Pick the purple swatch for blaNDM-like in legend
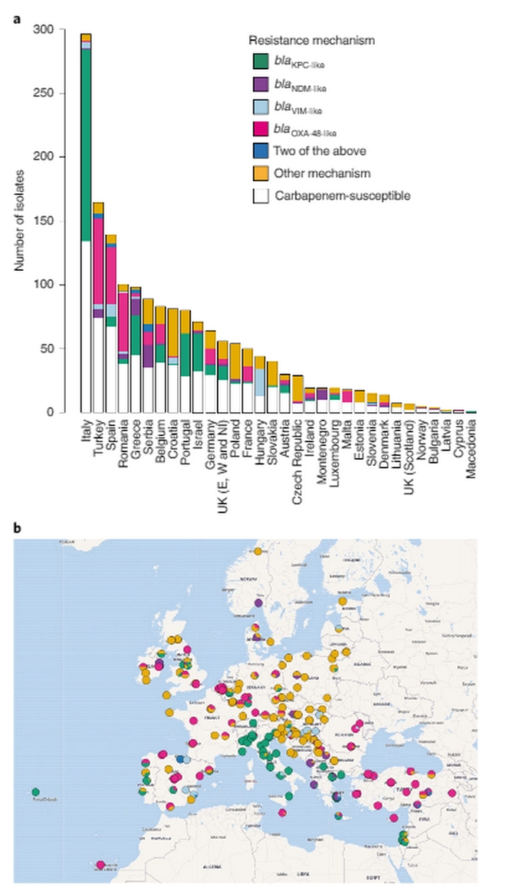(260, 84)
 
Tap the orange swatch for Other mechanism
(260, 173)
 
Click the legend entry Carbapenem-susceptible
(331, 196)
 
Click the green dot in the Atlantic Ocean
(35, 791)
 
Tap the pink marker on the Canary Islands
(100, 866)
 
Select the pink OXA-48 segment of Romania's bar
(123, 322)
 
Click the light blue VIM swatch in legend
(260, 107)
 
